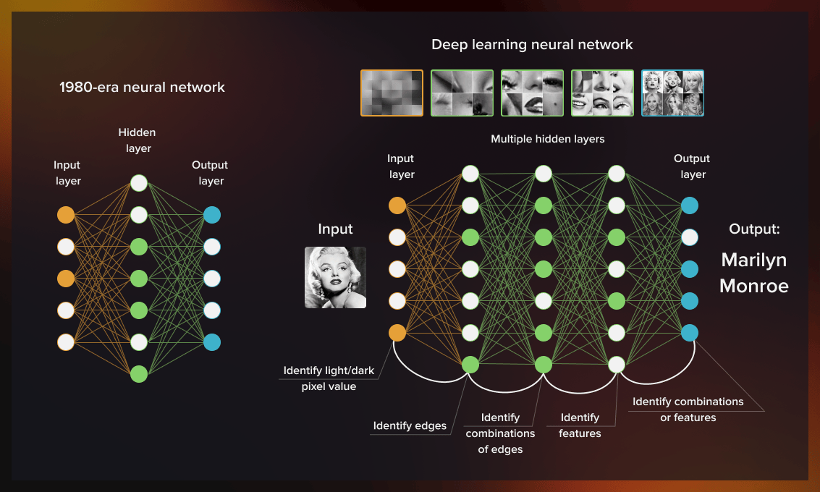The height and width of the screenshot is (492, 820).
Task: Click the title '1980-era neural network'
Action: coord(142,88)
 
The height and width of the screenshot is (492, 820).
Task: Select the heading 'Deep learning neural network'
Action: coord(532,45)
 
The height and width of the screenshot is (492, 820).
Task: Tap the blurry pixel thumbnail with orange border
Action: coord(392,93)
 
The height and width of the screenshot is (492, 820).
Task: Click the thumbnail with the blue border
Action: coord(672,93)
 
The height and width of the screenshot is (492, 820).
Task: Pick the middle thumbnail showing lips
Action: coord(532,93)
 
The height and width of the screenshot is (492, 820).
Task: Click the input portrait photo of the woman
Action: coord(335,278)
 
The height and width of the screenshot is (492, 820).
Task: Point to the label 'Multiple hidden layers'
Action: coord(547,139)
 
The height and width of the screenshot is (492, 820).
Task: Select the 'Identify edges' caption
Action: coord(410,425)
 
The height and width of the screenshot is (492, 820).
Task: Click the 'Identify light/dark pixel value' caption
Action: coord(329,378)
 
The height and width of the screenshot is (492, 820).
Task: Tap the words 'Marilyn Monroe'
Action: coord(753,273)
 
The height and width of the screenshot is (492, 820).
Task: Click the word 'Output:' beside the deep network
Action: coord(753,229)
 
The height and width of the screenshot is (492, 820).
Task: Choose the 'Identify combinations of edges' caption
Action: coord(500,433)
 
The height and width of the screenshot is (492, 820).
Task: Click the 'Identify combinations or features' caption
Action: coord(688,410)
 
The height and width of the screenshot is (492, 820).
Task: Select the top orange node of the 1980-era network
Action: coord(66,215)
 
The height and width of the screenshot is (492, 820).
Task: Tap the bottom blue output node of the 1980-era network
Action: coord(212,342)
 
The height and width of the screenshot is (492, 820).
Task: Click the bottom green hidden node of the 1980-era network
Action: coord(139,374)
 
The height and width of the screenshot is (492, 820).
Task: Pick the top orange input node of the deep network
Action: coord(397,205)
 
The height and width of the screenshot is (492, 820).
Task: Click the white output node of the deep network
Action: coord(690,237)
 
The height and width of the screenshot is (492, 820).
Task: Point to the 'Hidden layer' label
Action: coord(138,140)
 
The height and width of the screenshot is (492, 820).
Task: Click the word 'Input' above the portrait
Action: coord(335,229)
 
